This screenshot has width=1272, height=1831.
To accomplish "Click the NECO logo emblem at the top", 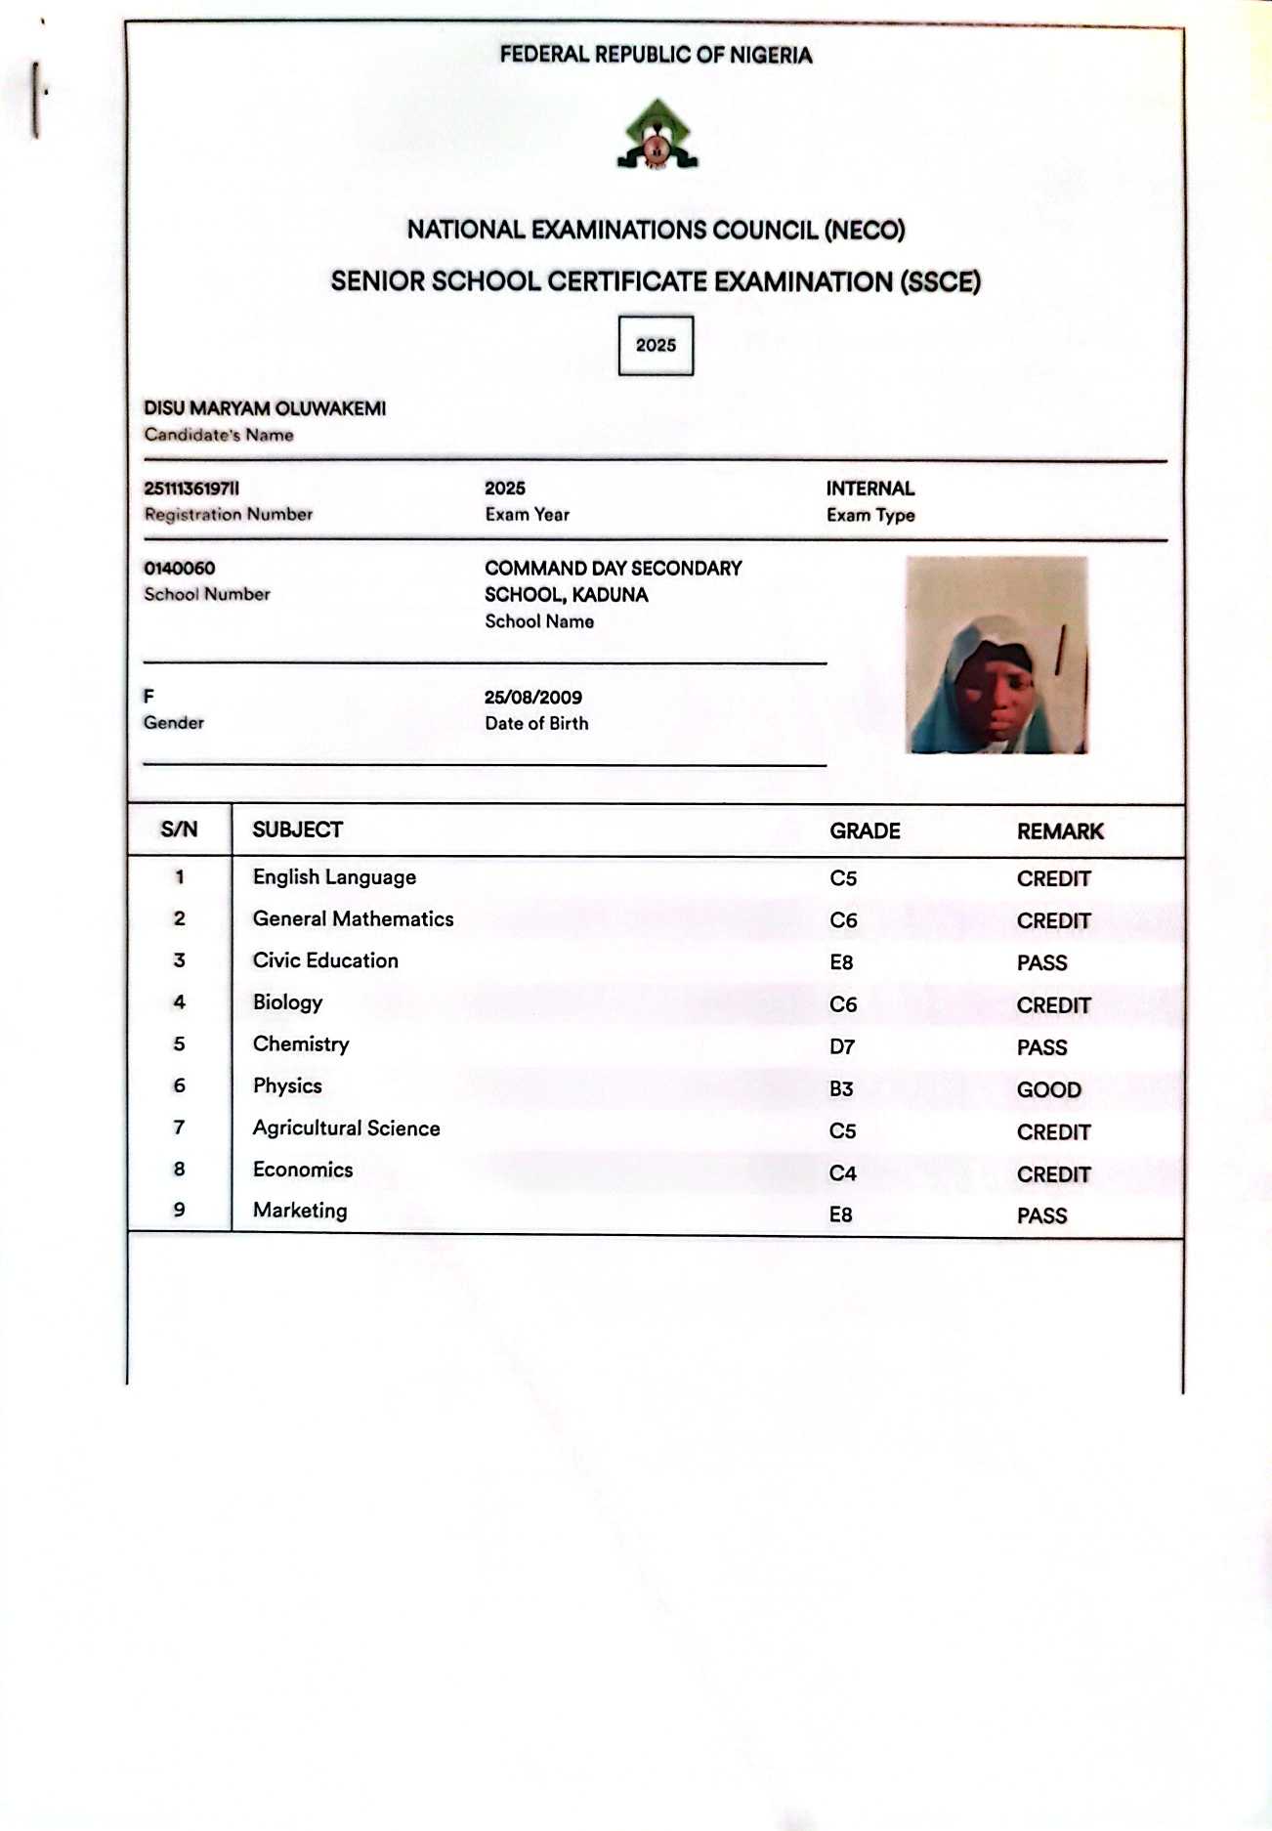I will tap(657, 135).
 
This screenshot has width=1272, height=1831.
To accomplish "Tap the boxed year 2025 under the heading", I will tap(656, 345).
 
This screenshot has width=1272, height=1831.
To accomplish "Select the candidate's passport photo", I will tap(996, 655).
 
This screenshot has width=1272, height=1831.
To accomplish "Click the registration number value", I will tap(191, 488).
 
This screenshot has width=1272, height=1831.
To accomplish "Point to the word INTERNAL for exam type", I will tap(869, 489).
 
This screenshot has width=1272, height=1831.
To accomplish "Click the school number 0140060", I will tap(179, 568).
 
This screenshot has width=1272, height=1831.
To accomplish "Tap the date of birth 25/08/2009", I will tap(532, 697).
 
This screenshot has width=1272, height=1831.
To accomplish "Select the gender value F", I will tap(148, 696).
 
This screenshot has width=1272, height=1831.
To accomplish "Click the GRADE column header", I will tap(865, 830).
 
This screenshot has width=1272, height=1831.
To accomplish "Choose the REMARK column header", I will tap(1059, 831).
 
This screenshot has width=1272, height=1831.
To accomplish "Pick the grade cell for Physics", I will tap(841, 1088).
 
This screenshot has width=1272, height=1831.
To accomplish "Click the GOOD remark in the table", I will tap(1048, 1089).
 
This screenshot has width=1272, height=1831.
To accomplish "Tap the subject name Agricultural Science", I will tap(346, 1128).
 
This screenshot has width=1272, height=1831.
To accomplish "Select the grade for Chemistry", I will tap(841, 1046).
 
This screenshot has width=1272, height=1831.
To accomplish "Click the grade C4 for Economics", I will tap(842, 1172).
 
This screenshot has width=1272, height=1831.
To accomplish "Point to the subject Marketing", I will tap(300, 1210).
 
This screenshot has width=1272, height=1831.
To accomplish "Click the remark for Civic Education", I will tap(1041, 962).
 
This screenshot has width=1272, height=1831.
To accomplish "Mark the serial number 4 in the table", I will tap(179, 1001).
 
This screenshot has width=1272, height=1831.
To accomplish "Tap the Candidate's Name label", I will tap(219, 435).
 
